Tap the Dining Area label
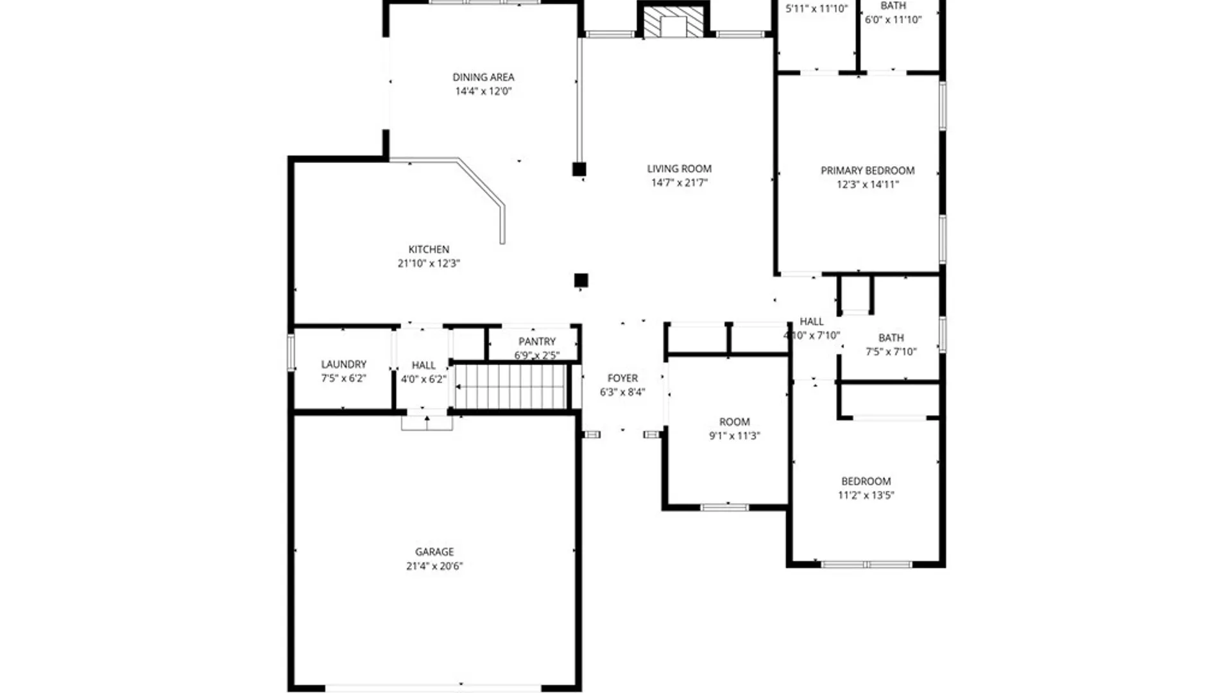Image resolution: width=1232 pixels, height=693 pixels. tap(483, 77)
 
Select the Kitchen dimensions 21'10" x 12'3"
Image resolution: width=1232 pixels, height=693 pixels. tap(429, 263)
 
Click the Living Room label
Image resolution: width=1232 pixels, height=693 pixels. tap(679, 169)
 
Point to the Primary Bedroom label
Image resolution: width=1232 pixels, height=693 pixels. tap(867, 171)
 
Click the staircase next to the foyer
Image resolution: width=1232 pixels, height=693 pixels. tap(511, 386)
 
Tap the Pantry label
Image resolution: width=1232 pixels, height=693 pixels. tap(537, 341)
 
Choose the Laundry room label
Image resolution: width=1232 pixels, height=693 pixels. tap(343, 364)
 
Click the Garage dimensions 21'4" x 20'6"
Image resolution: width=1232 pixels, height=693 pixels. tap(434, 566)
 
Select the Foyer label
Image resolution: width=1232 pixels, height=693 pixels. tap(622, 378)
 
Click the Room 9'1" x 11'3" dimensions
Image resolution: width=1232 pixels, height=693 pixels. tap(734, 436)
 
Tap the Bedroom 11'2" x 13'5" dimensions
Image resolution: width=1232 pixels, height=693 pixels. tap(866, 495)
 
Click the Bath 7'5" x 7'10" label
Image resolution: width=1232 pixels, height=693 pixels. tap(891, 338)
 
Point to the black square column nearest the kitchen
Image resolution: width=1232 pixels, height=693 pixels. tap(581, 280)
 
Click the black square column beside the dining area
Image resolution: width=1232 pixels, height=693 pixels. tap(579, 169)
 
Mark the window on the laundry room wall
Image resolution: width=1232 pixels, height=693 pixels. tap(291, 352)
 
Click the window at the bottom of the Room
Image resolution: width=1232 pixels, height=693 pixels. tap(724, 508)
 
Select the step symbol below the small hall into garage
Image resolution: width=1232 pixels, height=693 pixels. tap(427, 423)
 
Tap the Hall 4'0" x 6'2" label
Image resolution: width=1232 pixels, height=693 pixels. tap(424, 365)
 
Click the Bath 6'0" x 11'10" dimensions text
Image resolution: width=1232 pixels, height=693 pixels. tap(893, 20)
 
